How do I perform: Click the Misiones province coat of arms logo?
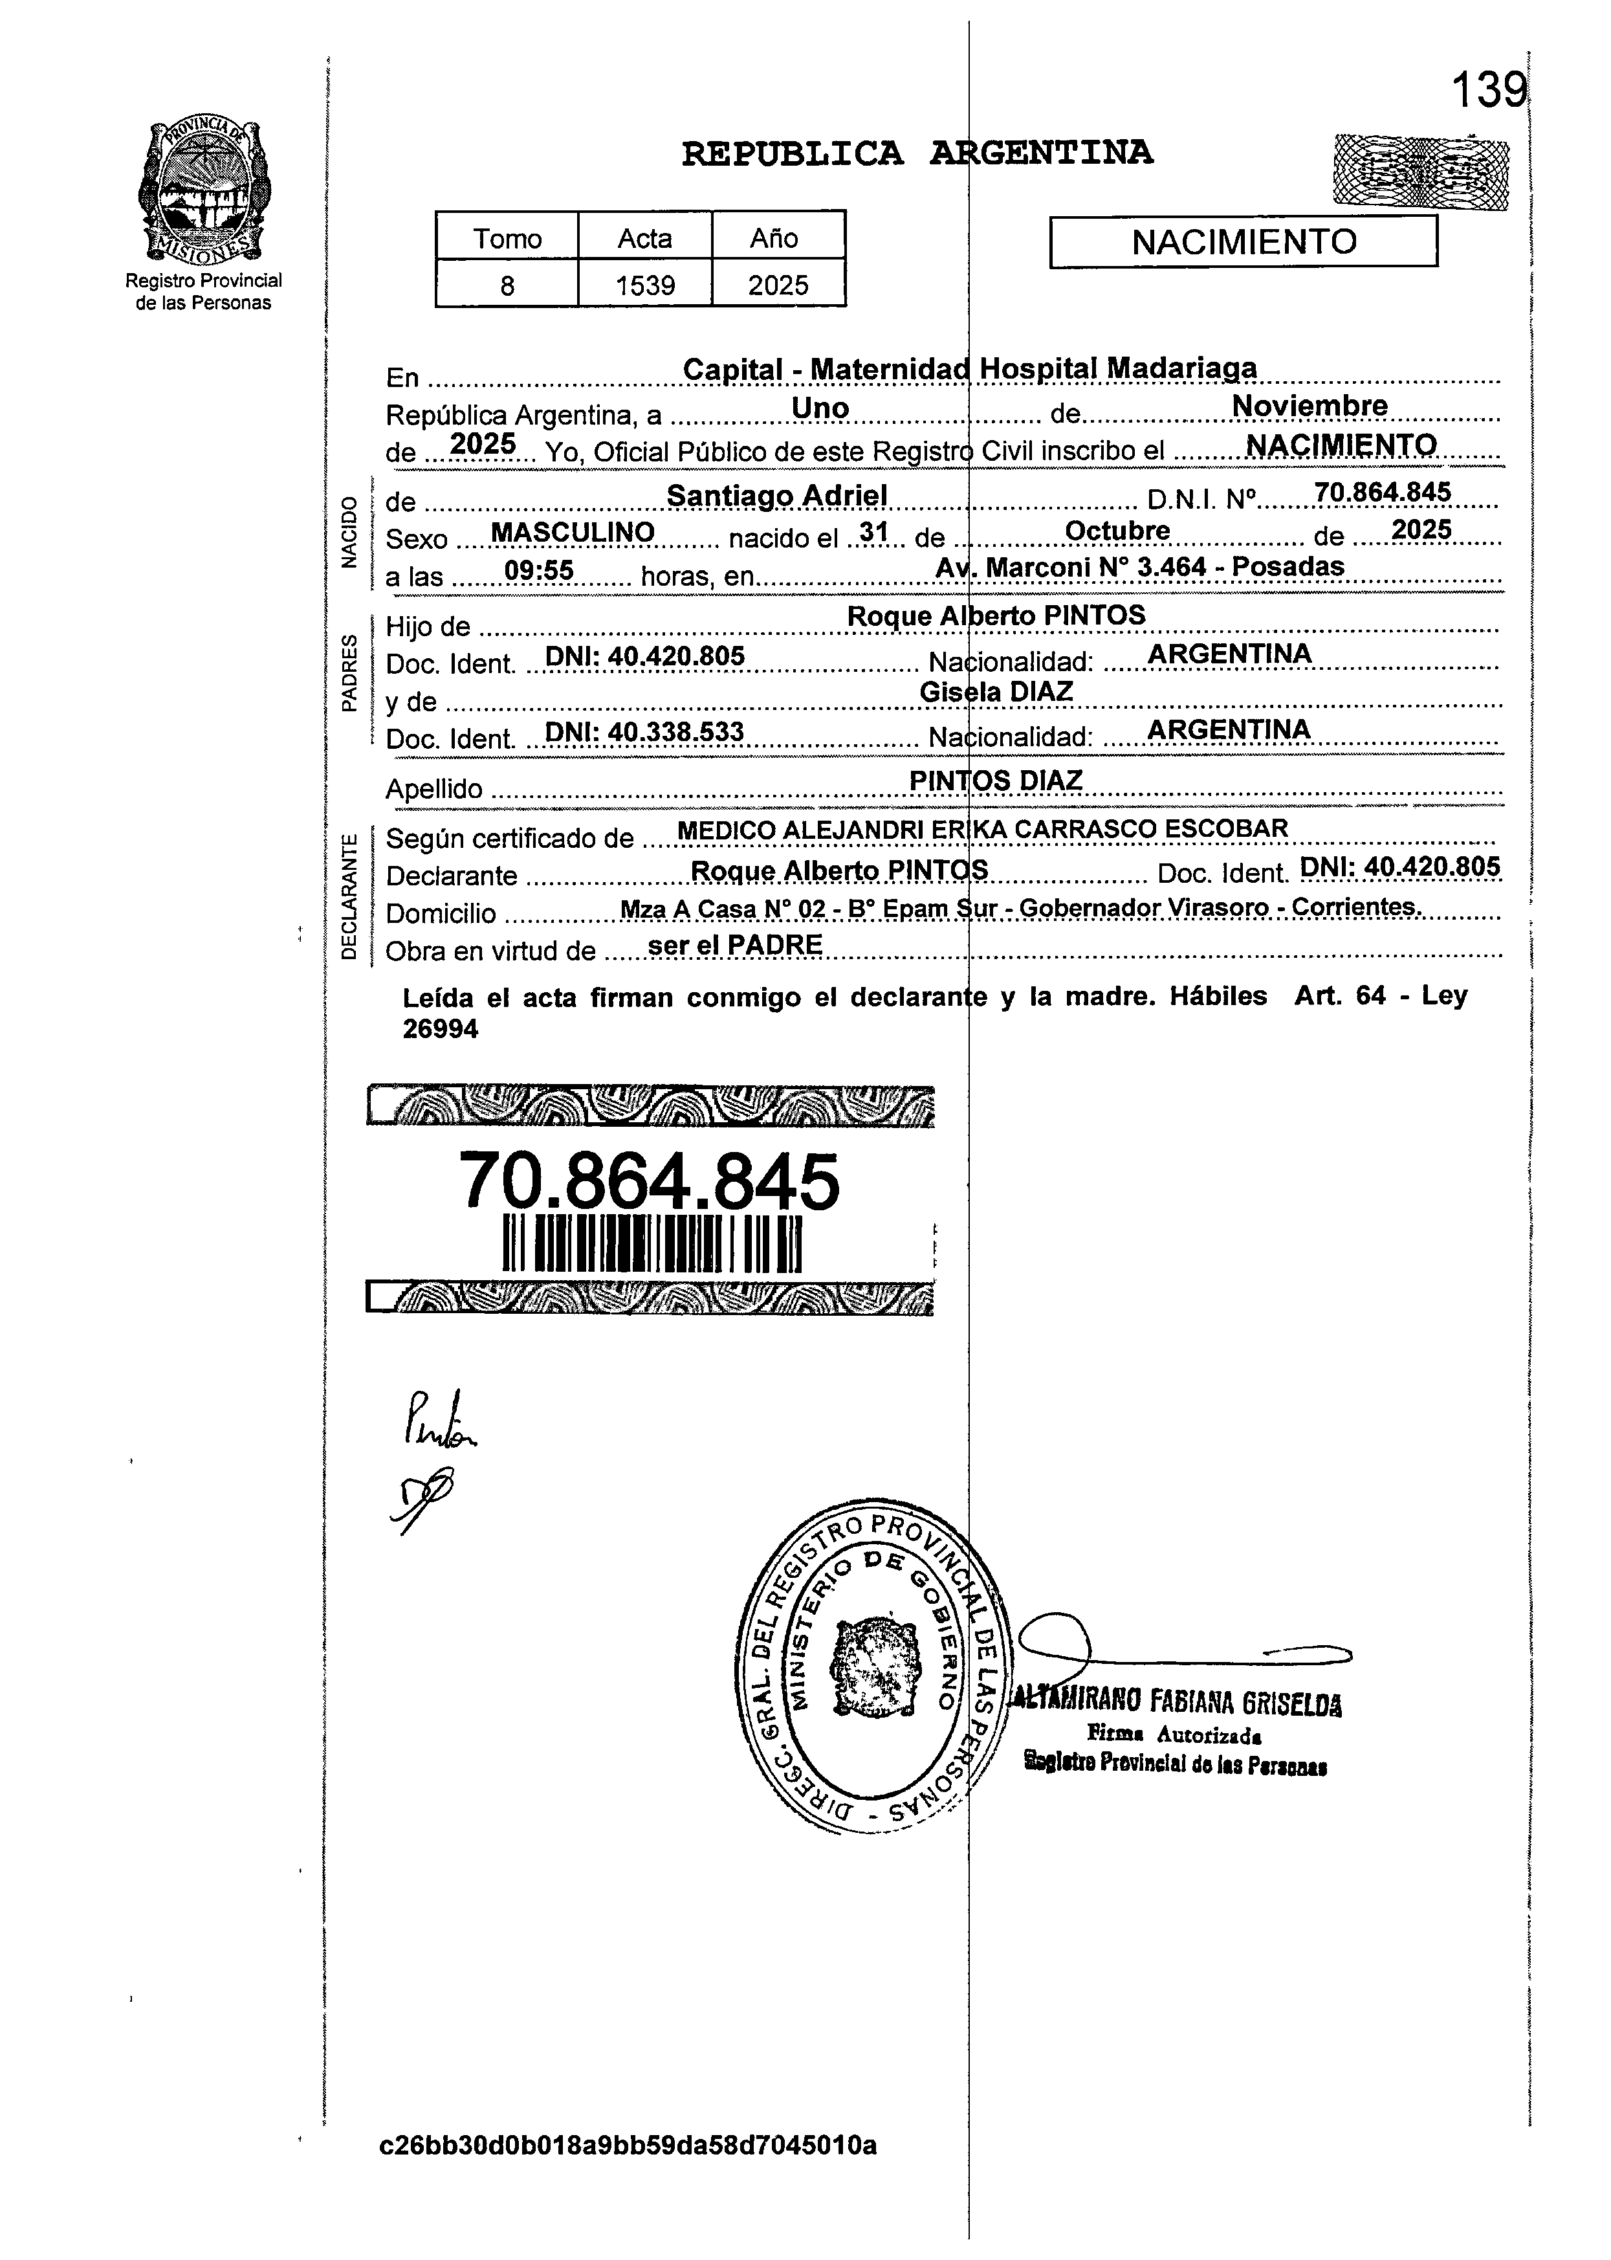point(203,190)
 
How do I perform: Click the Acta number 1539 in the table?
point(645,285)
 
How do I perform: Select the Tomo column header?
point(507,238)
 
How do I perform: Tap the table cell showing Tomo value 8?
point(507,285)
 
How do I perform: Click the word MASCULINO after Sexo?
point(573,533)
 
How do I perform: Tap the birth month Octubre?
point(1117,531)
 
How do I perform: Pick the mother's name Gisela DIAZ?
point(996,691)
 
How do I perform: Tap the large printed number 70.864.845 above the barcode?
point(650,1182)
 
